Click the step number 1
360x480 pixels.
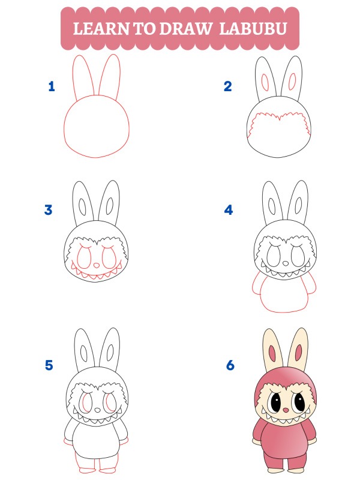(x=52, y=86)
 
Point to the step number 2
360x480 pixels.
(x=227, y=86)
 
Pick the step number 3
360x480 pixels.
(x=49, y=210)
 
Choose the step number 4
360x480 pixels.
(x=228, y=210)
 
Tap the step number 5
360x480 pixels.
(x=49, y=365)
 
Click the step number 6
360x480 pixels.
(x=230, y=365)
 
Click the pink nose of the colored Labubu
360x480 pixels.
(x=284, y=410)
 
